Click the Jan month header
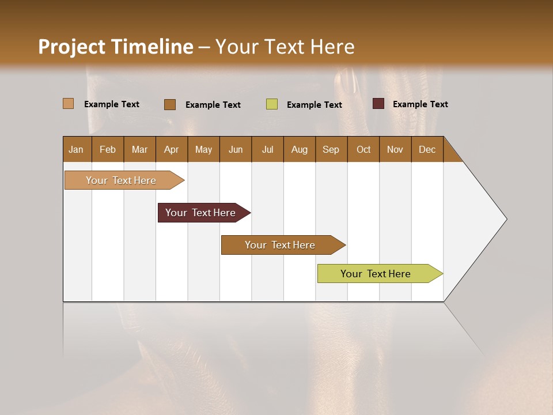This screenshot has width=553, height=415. click(76, 149)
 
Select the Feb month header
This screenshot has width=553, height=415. click(108, 149)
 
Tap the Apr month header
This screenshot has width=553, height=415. click(171, 149)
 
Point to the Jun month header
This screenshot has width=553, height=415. click(236, 149)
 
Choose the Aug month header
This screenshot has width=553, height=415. click(299, 149)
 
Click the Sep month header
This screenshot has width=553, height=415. click(331, 149)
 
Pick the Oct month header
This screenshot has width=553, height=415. click(363, 149)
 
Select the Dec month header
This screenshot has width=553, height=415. click(427, 149)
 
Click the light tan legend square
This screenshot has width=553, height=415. click(68, 104)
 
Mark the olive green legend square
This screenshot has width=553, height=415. click(272, 104)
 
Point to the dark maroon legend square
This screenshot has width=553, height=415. click(378, 104)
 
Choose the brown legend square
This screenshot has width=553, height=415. click(170, 104)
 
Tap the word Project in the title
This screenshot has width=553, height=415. click(71, 47)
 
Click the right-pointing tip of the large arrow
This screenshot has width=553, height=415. click(505, 218)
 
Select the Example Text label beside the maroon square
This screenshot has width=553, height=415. click(420, 104)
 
